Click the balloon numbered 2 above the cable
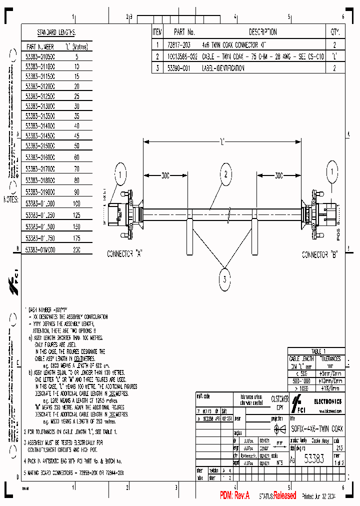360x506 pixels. click(x=225, y=174)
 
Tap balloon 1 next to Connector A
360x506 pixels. click(x=120, y=175)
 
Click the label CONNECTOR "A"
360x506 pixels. click(x=125, y=254)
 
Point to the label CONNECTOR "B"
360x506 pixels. click(x=320, y=254)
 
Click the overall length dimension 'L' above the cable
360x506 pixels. click(x=221, y=141)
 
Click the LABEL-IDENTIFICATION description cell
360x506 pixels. click(x=223, y=68)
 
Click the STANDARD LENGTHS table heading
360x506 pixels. click(x=55, y=32)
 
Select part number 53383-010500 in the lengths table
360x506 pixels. click(x=40, y=57)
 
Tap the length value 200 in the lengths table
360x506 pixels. click(x=76, y=249)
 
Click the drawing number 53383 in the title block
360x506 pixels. click(x=317, y=462)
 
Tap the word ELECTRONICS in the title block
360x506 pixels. click(x=327, y=401)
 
